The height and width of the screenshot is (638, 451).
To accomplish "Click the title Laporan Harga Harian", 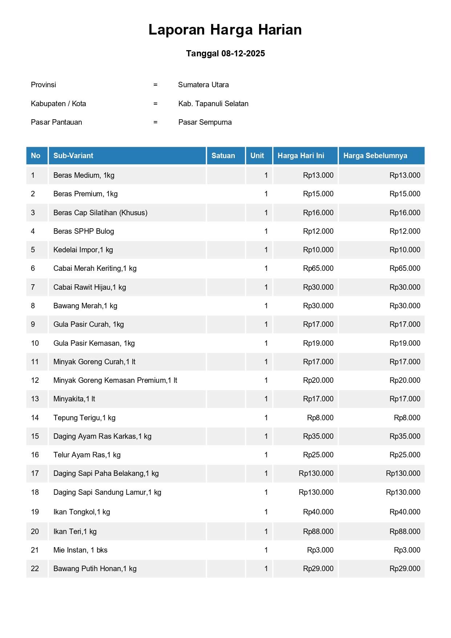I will pos(225,30).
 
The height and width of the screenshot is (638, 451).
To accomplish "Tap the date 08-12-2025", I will pos(243,53).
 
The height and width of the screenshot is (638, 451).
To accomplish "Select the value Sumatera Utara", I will pos(203,85).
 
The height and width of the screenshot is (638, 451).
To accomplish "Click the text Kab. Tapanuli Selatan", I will pos(213,104).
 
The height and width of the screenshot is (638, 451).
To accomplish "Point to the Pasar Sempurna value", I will pos(205,122).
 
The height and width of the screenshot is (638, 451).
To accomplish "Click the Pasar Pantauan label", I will pos(56,122).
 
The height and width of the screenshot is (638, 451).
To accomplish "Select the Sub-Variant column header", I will pos(73,156).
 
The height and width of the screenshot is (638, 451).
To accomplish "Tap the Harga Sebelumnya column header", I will pos(375,156).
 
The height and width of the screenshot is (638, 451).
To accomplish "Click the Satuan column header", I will pos(223,156).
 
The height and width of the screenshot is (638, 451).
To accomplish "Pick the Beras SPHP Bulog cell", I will pos(84,231).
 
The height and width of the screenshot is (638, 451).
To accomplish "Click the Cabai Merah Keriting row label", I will pos(95,268).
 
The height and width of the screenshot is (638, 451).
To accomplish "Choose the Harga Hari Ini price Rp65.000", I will pos(318,268).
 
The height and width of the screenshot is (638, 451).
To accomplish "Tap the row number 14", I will pos(35,418).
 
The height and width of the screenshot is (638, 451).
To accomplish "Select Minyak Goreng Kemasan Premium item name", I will pos(115,380).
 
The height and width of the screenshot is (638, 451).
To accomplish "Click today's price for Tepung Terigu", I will pos(320,418).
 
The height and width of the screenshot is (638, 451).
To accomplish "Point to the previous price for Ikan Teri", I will pos(405,531).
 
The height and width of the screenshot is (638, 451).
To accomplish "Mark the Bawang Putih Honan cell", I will pos(95,569).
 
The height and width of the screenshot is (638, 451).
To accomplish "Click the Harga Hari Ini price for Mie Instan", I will pos(320,550).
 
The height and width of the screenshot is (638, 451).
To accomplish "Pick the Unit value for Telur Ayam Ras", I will pos(266,455).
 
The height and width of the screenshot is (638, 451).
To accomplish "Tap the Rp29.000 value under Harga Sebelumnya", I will pos(405,569).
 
